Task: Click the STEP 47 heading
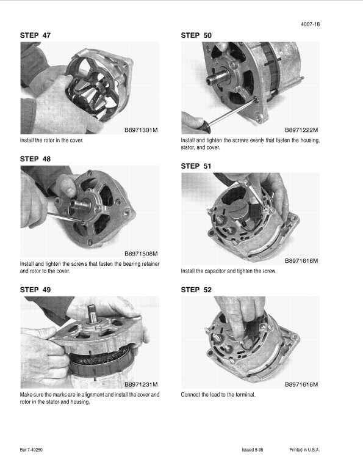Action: click(35, 35)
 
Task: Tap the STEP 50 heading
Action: click(196, 35)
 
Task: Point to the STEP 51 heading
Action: click(196, 166)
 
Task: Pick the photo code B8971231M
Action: click(141, 384)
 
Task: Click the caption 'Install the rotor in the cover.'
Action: click(51, 141)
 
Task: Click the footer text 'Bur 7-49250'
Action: click(31, 450)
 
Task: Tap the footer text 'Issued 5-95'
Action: click(253, 450)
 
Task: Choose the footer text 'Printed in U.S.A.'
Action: click(304, 450)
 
